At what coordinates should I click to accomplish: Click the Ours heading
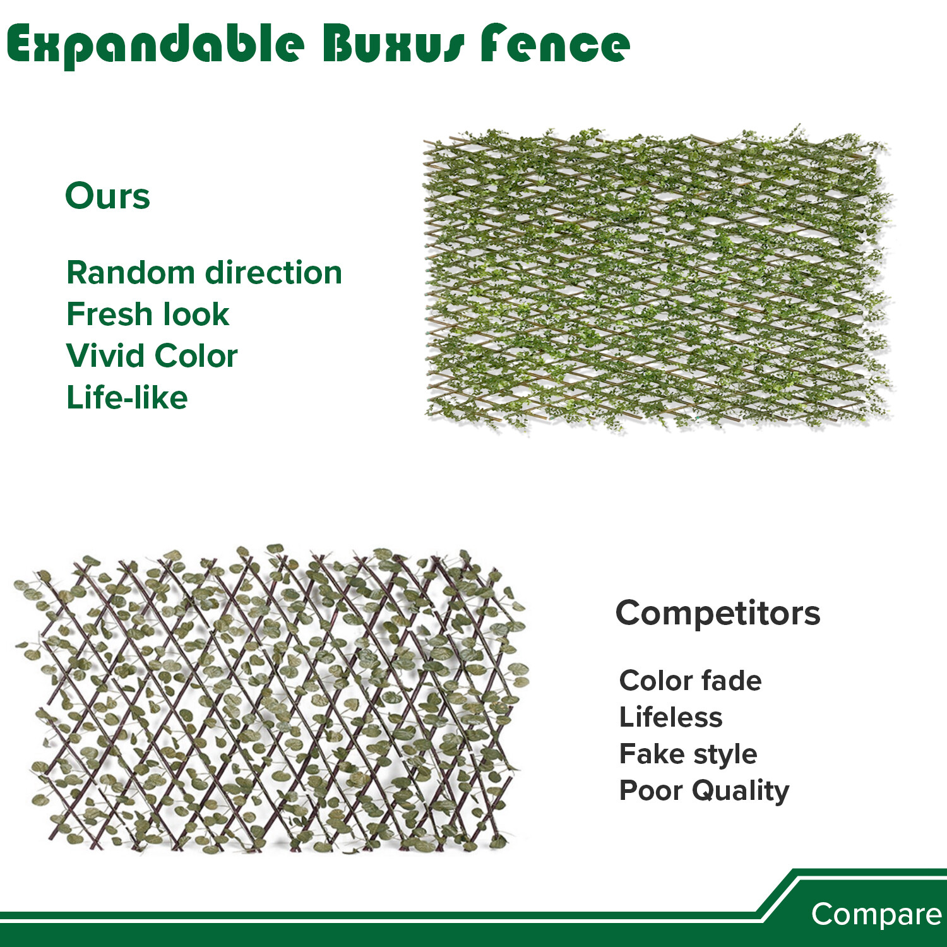point(107,196)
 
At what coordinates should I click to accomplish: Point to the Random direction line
point(204,273)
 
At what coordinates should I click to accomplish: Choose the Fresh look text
point(148,314)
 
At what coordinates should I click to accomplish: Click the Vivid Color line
point(152,355)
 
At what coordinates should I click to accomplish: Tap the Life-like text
point(127,398)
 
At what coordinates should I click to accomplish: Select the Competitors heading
point(718,613)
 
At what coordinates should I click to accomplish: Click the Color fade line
point(690,681)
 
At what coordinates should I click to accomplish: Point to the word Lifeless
point(670,717)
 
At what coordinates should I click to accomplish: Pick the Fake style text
point(688,754)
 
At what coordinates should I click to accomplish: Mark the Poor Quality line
point(704,790)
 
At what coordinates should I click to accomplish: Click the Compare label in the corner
point(876,914)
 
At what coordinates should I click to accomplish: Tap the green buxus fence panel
point(657,278)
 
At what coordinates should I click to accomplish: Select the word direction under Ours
point(274,273)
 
